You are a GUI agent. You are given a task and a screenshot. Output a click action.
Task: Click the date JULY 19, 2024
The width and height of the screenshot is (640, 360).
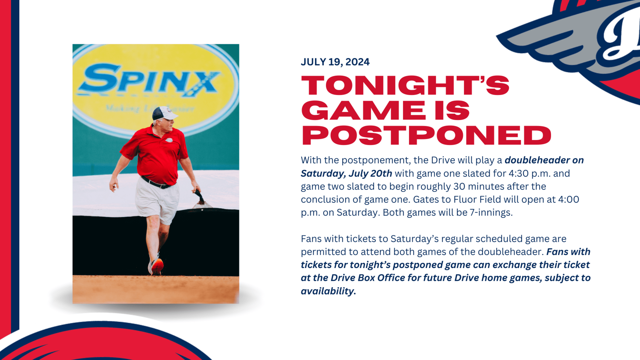click(335, 62)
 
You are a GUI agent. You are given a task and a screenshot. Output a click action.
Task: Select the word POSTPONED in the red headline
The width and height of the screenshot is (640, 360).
click(426, 135)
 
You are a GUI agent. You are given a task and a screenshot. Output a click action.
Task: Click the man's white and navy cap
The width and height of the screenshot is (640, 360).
click(164, 113)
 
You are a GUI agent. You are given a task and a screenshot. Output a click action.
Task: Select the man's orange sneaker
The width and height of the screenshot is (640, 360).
click(157, 266)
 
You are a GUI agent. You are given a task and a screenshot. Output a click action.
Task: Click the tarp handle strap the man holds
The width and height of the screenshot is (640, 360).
click(200, 197)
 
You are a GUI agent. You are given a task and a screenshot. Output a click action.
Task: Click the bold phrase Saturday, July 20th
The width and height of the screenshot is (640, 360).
click(346, 173)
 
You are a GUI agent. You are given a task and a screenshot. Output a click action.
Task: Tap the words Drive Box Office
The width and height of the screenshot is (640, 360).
click(368, 278)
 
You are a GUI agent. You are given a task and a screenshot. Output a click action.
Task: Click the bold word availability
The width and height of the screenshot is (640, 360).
click(328, 291)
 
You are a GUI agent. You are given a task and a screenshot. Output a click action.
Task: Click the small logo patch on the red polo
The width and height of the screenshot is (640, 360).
click(169, 140)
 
